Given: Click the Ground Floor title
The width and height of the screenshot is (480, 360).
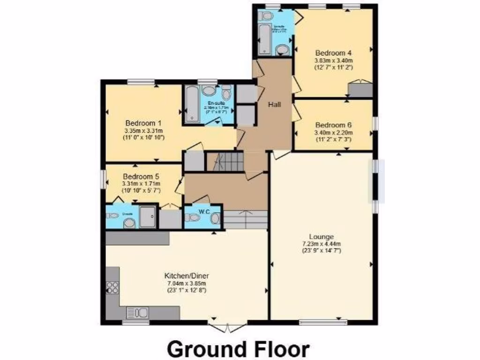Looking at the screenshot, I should tap(238, 349).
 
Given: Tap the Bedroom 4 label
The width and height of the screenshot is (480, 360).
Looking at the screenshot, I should tap(333, 52).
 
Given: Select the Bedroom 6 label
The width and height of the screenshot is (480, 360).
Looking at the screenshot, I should tap(333, 125).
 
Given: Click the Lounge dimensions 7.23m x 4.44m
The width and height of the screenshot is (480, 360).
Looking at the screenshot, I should tap(321, 244).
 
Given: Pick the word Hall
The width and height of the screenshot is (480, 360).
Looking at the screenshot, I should tap(274, 105).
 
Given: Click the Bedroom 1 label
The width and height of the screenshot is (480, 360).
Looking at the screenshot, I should tap(143, 123).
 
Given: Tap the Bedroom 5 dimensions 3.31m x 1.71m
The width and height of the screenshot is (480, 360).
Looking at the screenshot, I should tap(141, 184).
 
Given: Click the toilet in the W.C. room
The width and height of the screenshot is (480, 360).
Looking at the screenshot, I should tap(192, 218).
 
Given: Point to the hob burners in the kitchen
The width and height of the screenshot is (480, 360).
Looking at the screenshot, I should tap(112, 287).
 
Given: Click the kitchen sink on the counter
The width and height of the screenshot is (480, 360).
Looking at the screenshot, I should tap(137, 312).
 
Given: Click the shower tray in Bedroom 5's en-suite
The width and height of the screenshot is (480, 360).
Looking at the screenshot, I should tap(147, 217).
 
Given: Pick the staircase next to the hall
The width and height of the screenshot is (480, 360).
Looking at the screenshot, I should tap(225, 162).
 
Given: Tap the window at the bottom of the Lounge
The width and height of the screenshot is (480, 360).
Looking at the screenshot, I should tap(323, 322).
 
